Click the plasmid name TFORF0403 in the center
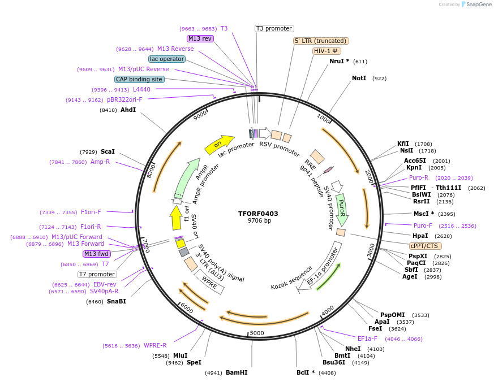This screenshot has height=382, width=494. tap(258, 214)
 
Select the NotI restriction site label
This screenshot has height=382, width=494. tap(359, 79)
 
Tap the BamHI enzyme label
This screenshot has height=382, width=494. tap(237, 372)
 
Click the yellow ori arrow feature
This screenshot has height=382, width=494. tap(218, 145)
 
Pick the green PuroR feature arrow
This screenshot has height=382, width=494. tap(341, 209)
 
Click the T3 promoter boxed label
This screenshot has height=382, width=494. tap(274, 28)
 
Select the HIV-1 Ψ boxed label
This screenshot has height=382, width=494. tap(327, 51)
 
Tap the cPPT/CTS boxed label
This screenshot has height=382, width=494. tap(426, 246)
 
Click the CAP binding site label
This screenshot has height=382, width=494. tap(139, 80)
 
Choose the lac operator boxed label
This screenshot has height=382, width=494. tap(167, 59)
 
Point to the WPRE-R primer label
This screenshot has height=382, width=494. tap(155, 345)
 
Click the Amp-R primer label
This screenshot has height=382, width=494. tap(100, 162)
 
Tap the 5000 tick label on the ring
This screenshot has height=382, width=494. tap(257, 333)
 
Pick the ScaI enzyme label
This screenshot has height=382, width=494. tap(108, 151)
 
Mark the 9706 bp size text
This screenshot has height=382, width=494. tap(259, 220)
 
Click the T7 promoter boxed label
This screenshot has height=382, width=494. tap(97, 274)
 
